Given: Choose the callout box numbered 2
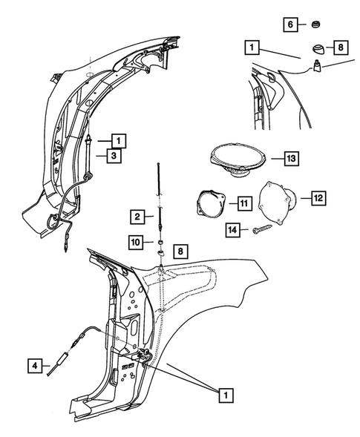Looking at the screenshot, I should point(137,217).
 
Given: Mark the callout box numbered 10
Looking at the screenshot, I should point(136,242).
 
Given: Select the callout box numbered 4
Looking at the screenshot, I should point(35,365).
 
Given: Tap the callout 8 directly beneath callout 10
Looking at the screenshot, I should point(181,252).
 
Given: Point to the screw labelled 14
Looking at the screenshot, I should point(262,231).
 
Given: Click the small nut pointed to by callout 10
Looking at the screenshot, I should point(160,242).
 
